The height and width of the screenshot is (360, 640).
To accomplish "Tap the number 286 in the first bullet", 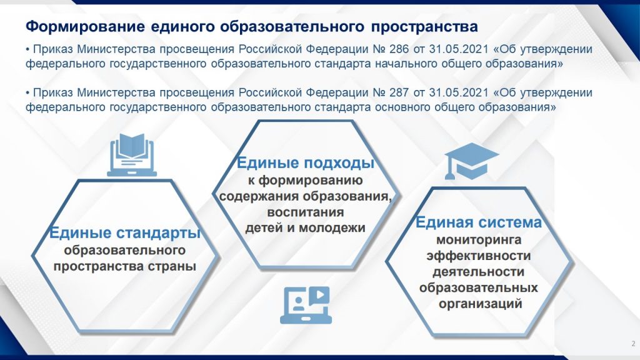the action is click(x=399, y=49).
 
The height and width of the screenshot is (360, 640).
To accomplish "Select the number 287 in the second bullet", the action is click(x=399, y=92).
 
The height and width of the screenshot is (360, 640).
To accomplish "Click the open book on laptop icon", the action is click(x=132, y=155).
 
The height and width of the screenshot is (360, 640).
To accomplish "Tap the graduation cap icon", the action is click(x=471, y=161).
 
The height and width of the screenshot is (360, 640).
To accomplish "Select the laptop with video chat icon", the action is click(x=306, y=305).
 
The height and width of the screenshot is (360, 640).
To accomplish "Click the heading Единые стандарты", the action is click(x=125, y=232).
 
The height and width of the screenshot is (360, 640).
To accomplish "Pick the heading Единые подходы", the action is click(x=306, y=163).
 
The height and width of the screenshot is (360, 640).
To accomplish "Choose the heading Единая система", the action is click(x=478, y=222).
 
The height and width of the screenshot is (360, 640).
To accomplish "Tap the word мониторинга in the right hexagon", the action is click(x=479, y=239).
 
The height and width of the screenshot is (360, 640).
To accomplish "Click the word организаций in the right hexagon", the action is click(x=481, y=304).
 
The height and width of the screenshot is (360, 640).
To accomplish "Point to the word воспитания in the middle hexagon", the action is click(x=305, y=212).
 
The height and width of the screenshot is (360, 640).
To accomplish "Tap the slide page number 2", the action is click(x=634, y=343).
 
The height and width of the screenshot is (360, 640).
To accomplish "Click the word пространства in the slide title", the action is click(x=424, y=27).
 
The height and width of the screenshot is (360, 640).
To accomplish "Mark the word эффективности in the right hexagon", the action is click(x=479, y=256).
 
